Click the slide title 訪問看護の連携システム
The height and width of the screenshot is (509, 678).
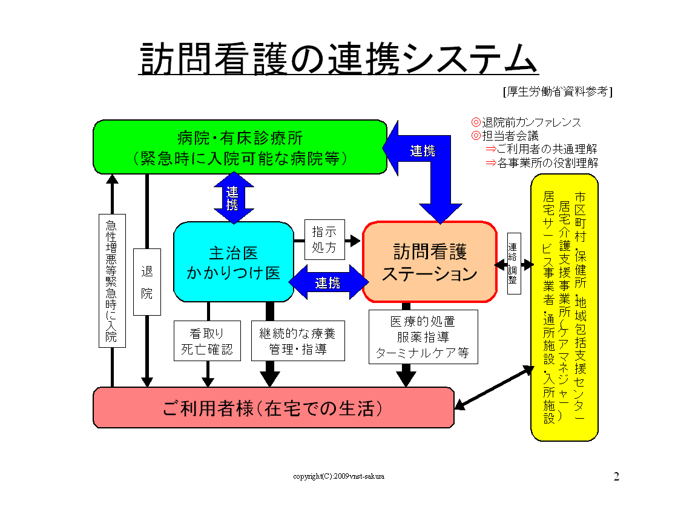point(338,59)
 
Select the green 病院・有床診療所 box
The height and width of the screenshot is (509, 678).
point(240,147)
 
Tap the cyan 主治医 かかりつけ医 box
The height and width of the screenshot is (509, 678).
point(234,262)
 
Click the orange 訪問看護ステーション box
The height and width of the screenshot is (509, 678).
point(430,262)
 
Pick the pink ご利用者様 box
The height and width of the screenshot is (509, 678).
point(273,408)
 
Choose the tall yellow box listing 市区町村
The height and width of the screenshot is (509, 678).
point(564,307)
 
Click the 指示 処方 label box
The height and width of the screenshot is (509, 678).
point(324,239)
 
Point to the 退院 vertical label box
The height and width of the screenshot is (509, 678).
point(146,282)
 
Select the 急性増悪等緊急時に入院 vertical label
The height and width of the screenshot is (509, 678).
point(112,281)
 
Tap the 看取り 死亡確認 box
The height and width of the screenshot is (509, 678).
point(207,341)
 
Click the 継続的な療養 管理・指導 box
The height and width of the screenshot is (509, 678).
point(297,341)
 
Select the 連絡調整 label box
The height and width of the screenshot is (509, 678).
point(513,264)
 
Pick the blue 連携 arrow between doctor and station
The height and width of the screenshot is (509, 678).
point(328,282)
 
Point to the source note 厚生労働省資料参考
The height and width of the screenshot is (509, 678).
point(557,91)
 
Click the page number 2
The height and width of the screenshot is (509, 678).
point(616,476)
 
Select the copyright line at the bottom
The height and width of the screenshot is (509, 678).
point(338,476)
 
